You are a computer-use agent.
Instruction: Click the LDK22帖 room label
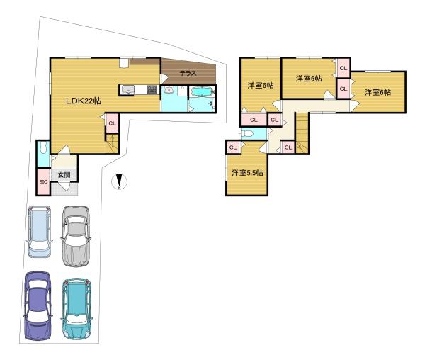coord(84,101)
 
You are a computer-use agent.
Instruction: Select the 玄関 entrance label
coord(64,174)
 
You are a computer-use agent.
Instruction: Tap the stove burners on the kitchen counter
coord(151,89)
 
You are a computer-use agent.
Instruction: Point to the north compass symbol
coord(120,182)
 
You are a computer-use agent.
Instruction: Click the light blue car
coord(40,231)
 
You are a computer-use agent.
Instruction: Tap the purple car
coord(38,305)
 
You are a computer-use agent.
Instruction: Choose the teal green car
coord(76,308)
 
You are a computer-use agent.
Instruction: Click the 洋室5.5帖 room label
coord(247,172)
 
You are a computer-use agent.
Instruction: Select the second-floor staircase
coord(302,133)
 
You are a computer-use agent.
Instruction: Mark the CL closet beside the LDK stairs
coord(113,123)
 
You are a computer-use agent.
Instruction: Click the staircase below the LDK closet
coord(113,145)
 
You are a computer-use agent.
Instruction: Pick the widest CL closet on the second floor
coord(254,119)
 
